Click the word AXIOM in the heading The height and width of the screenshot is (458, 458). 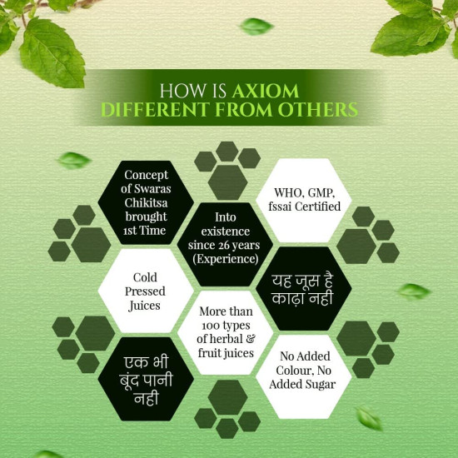266,91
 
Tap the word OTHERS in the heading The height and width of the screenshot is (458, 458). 318,110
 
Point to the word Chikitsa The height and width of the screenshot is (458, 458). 146,203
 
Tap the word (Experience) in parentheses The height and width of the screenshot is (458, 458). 226,259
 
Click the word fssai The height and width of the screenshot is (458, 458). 280,207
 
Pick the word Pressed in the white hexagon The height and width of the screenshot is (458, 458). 145,291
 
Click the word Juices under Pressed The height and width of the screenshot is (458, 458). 144,306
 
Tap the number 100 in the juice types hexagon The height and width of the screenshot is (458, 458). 210,326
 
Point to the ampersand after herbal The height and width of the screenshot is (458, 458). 251,339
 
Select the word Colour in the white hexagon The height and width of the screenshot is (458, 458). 295,371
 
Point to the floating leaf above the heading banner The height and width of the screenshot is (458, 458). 256,27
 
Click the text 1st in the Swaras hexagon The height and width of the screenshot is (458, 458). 130,231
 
